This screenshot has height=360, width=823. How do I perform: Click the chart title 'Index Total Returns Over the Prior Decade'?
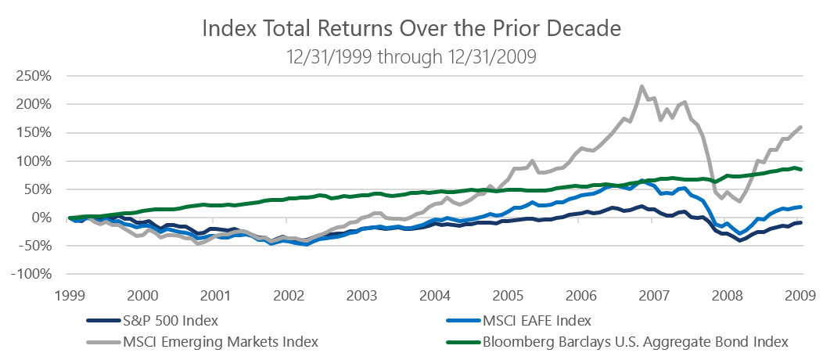411,29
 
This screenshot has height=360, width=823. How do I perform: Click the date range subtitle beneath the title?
411,56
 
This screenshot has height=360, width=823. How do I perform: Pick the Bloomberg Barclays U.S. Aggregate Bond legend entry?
633,341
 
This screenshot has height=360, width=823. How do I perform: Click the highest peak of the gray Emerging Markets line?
642,87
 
